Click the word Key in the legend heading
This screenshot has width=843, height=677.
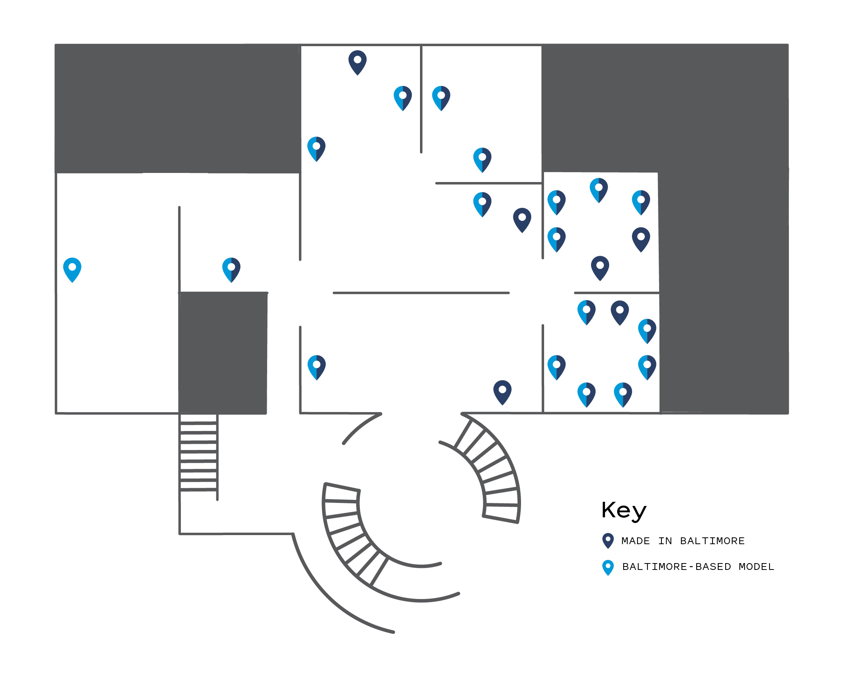click(x=624, y=510)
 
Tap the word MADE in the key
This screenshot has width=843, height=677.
click(x=635, y=541)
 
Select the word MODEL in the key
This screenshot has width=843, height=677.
click(x=756, y=567)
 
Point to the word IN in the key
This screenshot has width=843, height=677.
click(x=665, y=541)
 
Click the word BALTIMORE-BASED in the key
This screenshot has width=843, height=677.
click(x=677, y=567)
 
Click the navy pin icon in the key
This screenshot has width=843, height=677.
click(x=608, y=540)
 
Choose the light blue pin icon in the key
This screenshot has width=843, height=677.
click(x=608, y=567)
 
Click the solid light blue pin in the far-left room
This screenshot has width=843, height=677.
click(x=72, y=269)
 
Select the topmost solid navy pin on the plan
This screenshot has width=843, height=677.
click(x=358, y=62)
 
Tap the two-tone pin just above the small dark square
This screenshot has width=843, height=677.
click(x=232, y=269)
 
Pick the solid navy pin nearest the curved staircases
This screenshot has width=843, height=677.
click(x=502, y=392)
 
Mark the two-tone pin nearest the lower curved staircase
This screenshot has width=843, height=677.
click(x=317, y=367)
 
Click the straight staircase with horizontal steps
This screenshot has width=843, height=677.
click(x=199, y=456)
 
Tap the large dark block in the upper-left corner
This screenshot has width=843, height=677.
click(x=177, y=108)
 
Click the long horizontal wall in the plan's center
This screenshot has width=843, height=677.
click(x=421, y=293)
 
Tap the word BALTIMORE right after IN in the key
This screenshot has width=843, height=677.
click(x=712, y=541)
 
